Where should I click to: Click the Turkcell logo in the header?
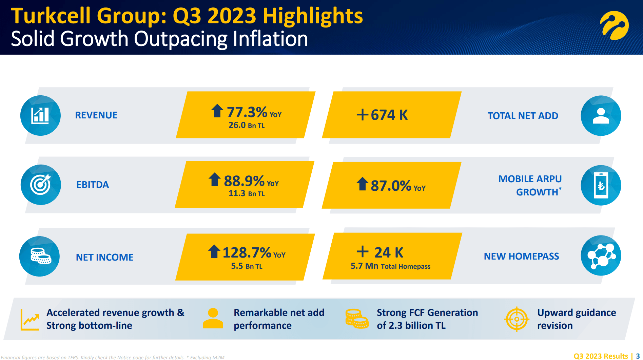[614, 25]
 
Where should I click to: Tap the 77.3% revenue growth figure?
[247, 112]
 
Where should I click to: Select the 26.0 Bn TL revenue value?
[247, 126]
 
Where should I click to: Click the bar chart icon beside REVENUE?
[40, 116]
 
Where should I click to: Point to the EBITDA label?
[93, 185]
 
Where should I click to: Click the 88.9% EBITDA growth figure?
[244, 181]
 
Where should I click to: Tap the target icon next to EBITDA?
[41, 185]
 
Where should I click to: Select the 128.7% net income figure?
[247, 253]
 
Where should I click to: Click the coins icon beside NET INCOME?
[40, 257]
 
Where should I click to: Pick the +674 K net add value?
[382, 115]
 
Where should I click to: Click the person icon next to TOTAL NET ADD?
[601, 116]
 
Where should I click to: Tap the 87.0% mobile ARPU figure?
[391, 186]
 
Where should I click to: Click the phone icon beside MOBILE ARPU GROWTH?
[601, 185]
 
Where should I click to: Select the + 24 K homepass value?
[380, 252]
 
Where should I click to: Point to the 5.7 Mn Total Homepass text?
[390, 266]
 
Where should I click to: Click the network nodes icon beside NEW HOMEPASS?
[601, 256]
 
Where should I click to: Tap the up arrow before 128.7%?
[214, 251]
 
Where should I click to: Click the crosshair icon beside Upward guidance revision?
[517, 319]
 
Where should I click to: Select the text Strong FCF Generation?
[427, 312]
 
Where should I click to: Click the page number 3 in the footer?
[638, 356]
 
